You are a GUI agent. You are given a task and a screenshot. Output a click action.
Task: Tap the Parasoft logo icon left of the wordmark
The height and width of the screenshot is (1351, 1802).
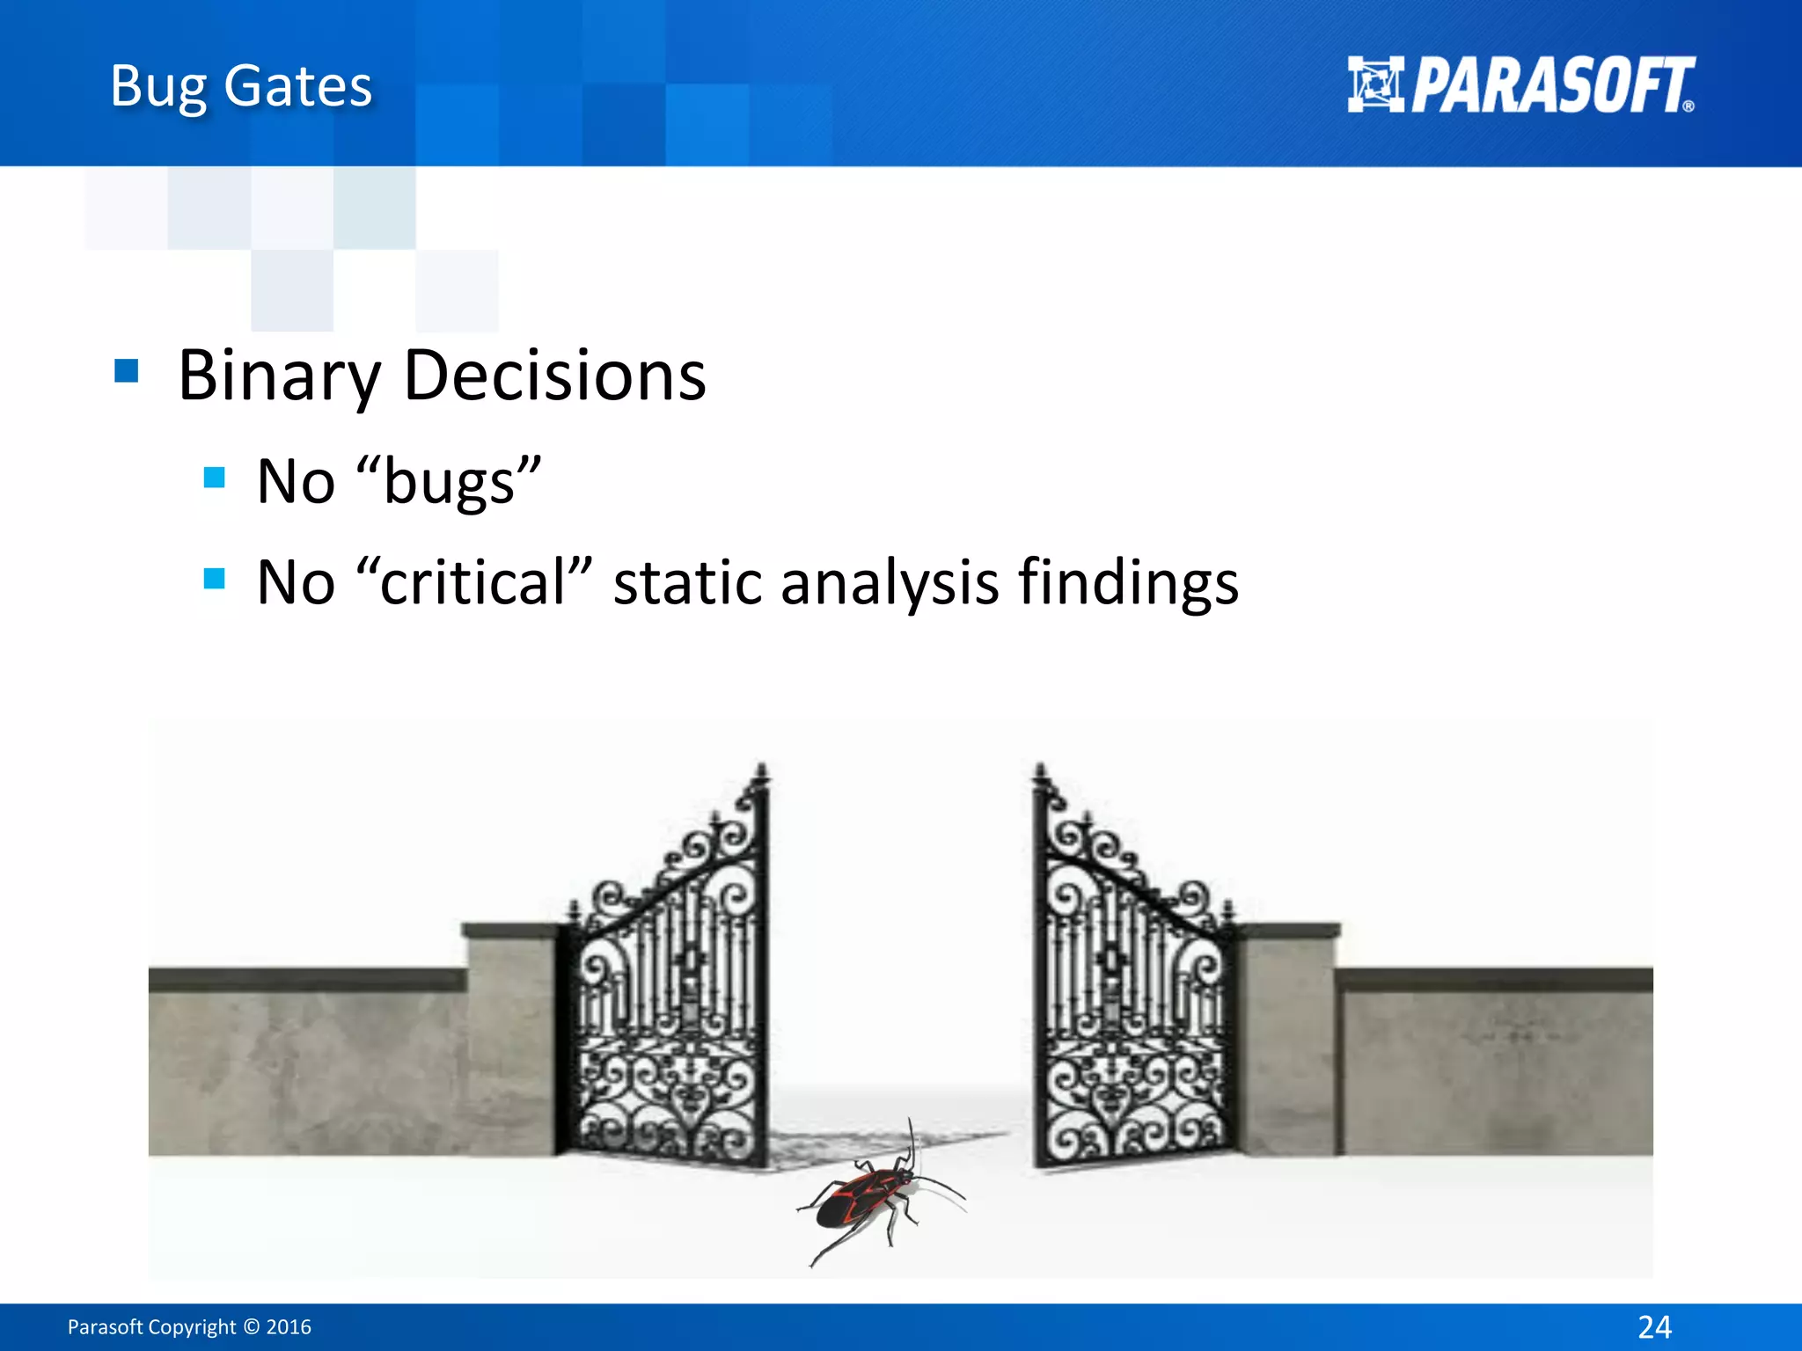pos(1374,84)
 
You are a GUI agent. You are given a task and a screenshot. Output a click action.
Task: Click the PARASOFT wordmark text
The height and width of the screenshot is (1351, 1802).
pos(1553,86)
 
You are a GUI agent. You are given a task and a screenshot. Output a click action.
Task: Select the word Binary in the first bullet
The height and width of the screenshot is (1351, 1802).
pos(279,376)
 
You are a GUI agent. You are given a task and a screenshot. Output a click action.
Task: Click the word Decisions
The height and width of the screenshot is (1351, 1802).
pos(554,376)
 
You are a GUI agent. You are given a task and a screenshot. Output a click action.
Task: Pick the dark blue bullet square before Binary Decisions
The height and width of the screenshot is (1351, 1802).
pos(127,371)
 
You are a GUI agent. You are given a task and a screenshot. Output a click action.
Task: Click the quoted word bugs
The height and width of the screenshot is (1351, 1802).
pos(450,482)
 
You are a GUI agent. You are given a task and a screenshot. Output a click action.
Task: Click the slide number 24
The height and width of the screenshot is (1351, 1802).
pos(1654,1326)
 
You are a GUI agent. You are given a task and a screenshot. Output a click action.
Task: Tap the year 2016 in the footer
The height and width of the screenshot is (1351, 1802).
pos(289,1326)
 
